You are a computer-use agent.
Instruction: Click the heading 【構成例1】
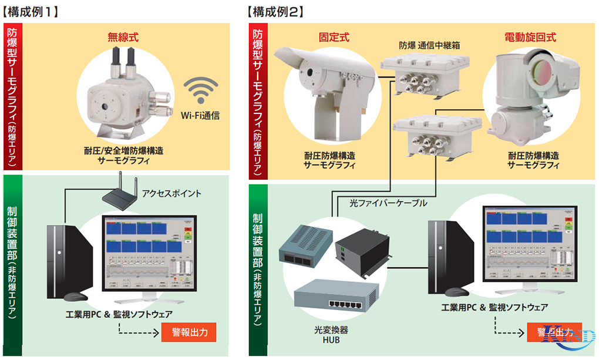pos(32,11)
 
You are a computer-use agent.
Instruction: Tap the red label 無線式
pos(123,37)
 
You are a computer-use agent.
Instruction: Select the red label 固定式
pos(334,37)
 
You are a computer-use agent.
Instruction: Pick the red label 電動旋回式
pos(530,37)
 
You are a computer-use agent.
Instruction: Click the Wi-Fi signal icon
pos(201,91)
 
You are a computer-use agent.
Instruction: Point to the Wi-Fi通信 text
pos(201,116)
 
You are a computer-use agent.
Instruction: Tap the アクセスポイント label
pos(172,193)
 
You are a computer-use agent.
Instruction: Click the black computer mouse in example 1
pos(76,297)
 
